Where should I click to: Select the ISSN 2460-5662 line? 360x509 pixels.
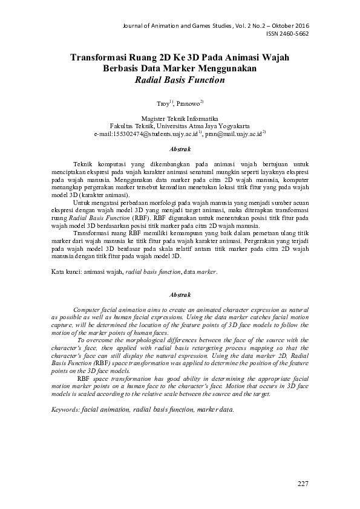coord(287,34)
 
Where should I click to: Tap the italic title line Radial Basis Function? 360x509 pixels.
coord(180,79)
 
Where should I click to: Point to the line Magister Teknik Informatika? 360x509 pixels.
coord(180,119)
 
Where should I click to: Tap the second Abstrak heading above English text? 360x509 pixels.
coord(180,294)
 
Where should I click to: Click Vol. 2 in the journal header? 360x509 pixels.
coord(226,26)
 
